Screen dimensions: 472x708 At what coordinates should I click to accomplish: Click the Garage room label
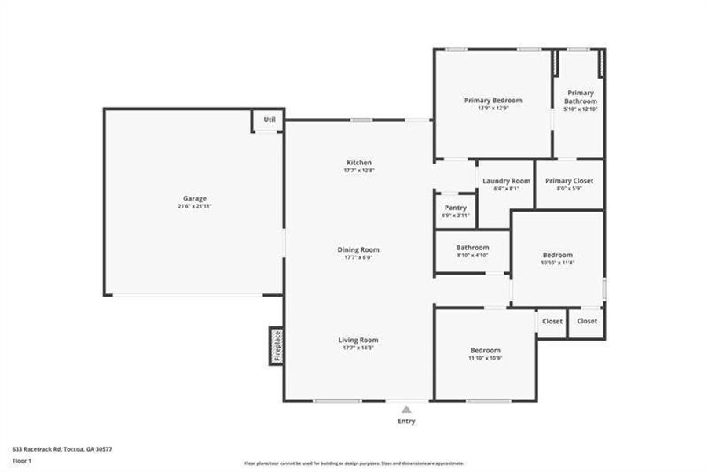pos(195,198)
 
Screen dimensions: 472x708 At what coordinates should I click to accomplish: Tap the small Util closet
pos(269,120)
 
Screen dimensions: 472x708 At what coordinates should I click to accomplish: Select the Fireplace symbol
pos(277,345)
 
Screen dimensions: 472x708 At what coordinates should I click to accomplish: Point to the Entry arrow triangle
pos(406,409)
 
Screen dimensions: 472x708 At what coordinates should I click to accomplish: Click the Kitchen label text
pos(358,163)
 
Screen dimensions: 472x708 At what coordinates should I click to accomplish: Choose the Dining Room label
pos(358,249)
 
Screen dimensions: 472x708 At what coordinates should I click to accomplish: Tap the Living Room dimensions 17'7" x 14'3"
pos(358,348)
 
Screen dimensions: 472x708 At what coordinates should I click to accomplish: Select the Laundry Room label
pos(506,181)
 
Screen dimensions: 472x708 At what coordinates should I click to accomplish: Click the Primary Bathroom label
pos(581,97)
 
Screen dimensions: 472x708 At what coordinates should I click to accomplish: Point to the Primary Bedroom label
pos(493,100)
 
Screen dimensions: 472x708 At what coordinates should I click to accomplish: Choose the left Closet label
pos(552,321)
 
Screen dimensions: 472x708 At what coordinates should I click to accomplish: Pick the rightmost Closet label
pos(586,321)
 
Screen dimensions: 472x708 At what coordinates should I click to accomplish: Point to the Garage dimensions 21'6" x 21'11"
pos(195,206)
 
